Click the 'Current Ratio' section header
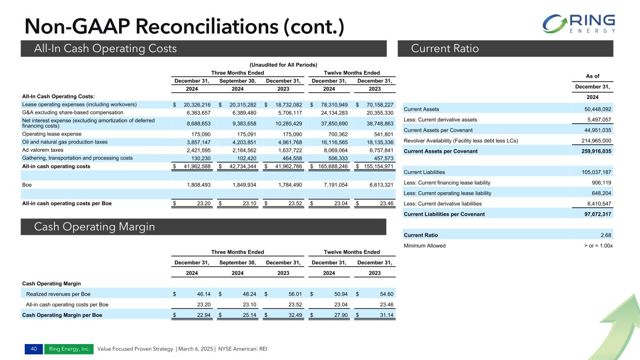445,48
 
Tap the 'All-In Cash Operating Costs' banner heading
106,48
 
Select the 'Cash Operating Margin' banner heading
95,227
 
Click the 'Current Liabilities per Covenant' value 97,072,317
594,214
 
